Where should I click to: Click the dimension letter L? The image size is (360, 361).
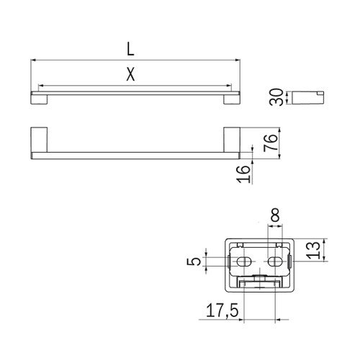[130, 49]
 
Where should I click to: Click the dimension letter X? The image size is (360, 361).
[130, 74]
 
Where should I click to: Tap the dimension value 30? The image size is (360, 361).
[276, 97]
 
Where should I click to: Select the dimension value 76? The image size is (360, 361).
[271, 143]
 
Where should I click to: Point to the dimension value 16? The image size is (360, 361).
[243, 174]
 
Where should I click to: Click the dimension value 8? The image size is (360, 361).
[275, 215]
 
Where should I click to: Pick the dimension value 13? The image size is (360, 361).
[314, 251]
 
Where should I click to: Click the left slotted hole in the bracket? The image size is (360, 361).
[244, 262]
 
